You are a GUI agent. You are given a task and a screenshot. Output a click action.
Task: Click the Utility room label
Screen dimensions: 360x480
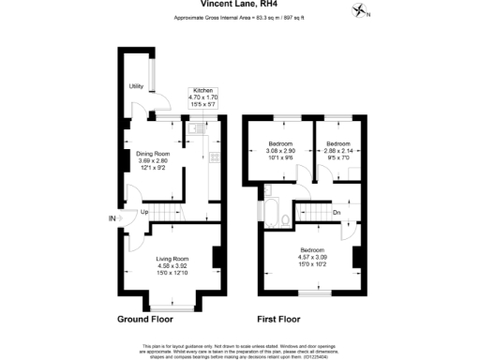[136, 87]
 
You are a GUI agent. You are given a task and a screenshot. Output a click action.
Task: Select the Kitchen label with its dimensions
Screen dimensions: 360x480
[203, 96]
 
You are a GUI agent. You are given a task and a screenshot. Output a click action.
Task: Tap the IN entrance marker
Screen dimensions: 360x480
[112, 219]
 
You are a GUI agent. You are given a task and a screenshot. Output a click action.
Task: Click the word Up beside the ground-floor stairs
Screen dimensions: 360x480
[144, 212]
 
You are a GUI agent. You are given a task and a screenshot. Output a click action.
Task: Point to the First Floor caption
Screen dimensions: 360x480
[283, 320]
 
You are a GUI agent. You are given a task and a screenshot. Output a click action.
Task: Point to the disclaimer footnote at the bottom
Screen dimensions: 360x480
[240, 350]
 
